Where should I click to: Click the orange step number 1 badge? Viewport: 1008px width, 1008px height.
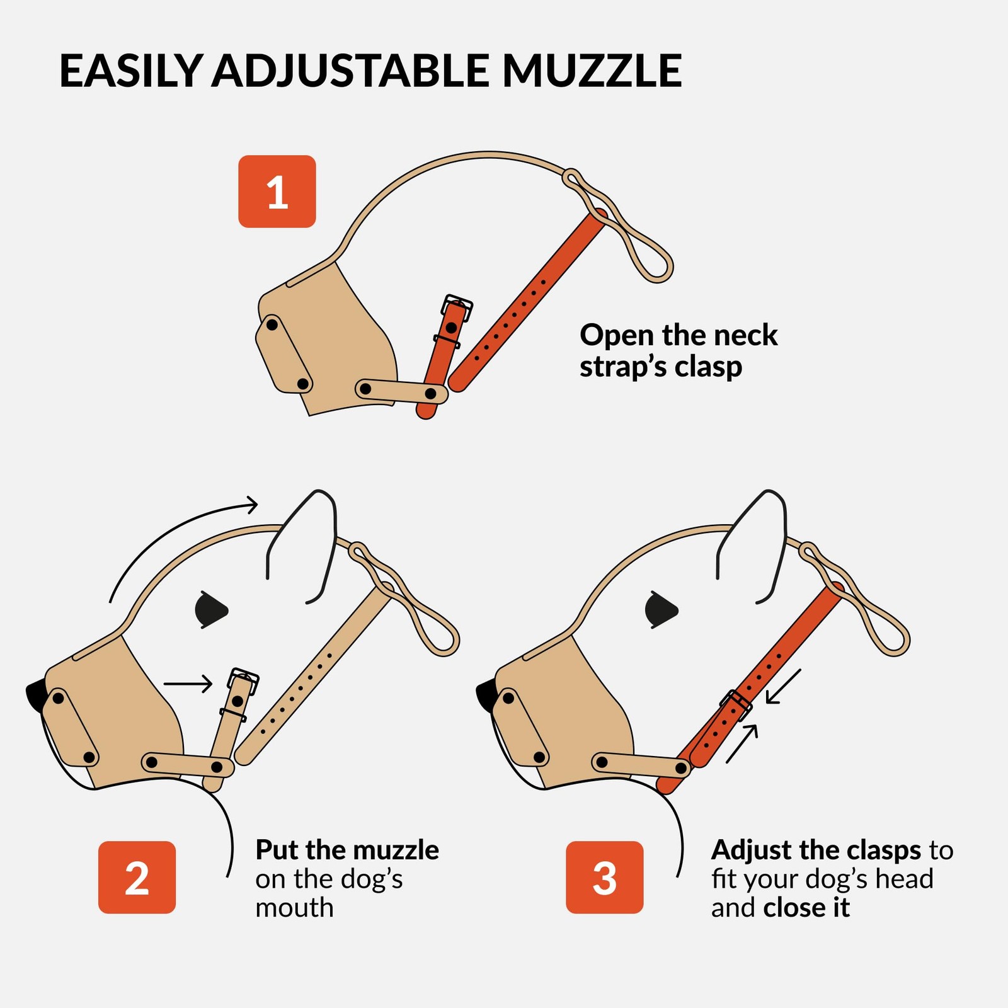[x=277, y=192]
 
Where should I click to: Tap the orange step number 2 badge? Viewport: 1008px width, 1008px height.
[x=137, y=877]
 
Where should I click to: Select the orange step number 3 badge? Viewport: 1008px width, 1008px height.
[x=604, y=877]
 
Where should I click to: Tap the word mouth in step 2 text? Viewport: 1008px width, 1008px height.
[x=294, y=907]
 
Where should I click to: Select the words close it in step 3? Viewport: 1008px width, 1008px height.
[x=806, y=907]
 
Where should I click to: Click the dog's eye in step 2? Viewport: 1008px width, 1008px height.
[x=211, y=609]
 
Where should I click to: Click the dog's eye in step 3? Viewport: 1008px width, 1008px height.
[x=661, y=609]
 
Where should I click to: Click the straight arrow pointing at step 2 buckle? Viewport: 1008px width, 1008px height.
[x=188, y=684]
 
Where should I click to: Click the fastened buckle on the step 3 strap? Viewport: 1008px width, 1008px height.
[x=736, y=705]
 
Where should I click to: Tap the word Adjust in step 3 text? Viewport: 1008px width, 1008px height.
[x=753, y=850]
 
